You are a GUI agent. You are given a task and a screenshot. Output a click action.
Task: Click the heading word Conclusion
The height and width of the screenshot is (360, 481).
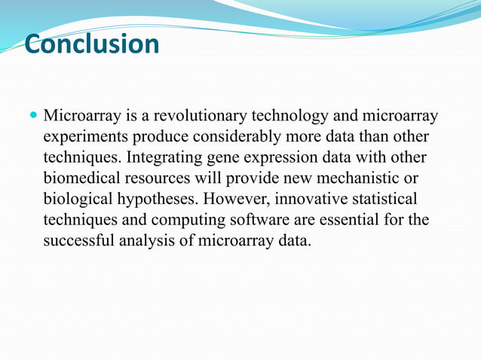pyautogui.click(x=92, y=44)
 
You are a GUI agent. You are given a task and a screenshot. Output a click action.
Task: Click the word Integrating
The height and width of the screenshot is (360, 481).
pyautogui.click(x=165, y=158)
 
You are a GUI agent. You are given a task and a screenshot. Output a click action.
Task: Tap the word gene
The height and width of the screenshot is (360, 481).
pyautogui.click(x=222, y=158)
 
